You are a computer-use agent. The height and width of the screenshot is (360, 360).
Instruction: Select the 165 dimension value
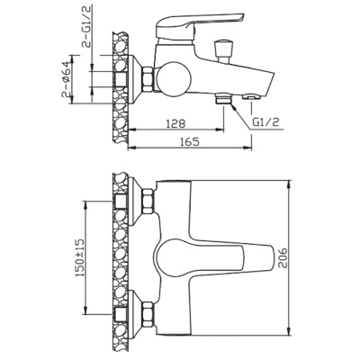pyautogui.click(x=190, y=140)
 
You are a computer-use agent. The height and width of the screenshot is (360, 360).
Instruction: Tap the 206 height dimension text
pyautogui.click(x=282, y=258)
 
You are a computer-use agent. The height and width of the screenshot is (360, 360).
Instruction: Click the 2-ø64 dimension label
pyautogui.click(x=67, y=79)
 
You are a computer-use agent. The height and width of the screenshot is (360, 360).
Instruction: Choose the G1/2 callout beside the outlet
pyautogui.click(x=266, y=122)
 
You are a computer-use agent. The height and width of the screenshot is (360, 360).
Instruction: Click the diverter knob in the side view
pyautogui.click(x=222, y=50)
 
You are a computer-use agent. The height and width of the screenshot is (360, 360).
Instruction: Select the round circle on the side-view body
pyautogui.click(x=174, y=78)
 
